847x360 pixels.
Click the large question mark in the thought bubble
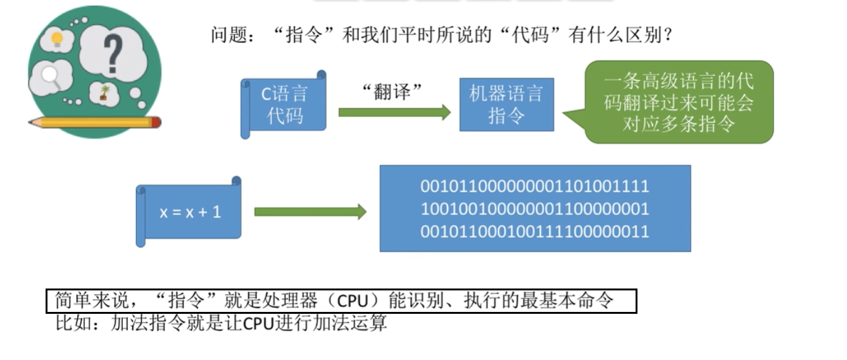coord(112,53)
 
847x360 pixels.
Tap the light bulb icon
coord(57,40)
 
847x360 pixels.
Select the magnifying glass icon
coord(51,77)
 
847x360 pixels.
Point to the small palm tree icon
coord(104,93)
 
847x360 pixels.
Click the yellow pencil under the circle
coord(95,121)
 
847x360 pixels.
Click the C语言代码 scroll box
coord(284,104)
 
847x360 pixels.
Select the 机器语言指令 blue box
coord(506,104)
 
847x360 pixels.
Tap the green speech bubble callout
coord(678,102)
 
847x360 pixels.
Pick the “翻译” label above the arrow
coord(392,90)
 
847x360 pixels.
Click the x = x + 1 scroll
coord(190,211)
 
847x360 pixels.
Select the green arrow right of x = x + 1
coord(310,211)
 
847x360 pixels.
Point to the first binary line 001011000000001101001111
coord(535,187)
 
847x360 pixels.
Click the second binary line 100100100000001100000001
coord(535,209)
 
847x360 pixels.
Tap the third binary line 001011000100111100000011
coord(535,232)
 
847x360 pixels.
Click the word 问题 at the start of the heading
coord(228,35)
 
